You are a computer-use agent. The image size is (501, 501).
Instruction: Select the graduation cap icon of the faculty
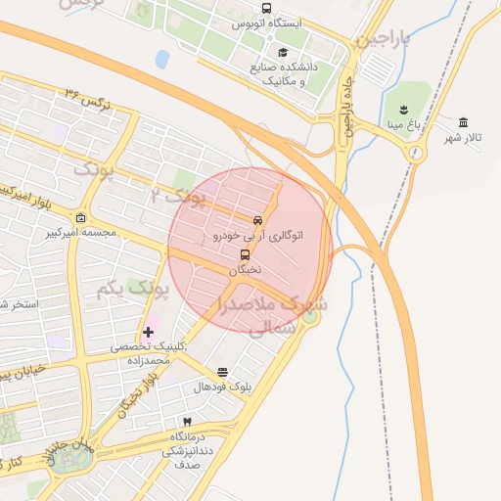[284, 53]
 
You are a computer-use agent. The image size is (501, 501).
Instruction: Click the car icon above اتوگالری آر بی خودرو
[257, 220]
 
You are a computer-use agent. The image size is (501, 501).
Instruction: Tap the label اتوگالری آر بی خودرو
[258, 236]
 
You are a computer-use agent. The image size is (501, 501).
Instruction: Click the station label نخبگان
[246, 269]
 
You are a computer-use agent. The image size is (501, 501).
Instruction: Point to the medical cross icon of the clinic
[148, 333]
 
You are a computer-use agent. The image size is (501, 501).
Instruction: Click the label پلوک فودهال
[222, 387]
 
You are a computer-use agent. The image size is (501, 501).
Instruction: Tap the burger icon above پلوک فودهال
[222, 372]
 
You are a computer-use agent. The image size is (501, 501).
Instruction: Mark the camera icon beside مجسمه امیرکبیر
[80, 217]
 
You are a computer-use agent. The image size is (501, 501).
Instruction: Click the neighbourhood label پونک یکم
[133, 291]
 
